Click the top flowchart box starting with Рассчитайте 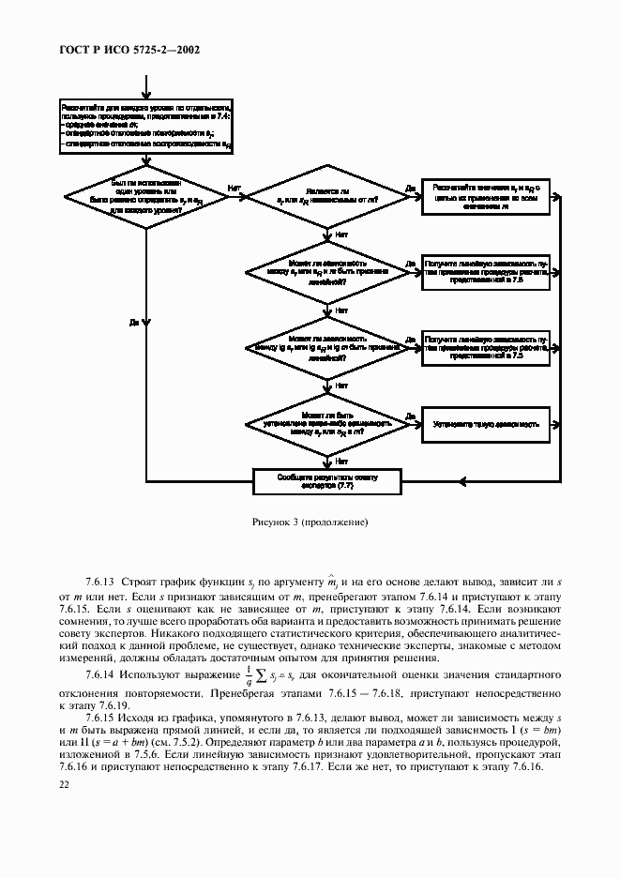(146, 127)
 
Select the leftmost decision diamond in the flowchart (146, 197)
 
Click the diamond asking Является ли (326, 197)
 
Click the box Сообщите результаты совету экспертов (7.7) (327, 481)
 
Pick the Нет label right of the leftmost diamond (234, 188)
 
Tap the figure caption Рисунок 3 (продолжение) (310, 522)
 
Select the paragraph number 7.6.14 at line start (100, 675)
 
